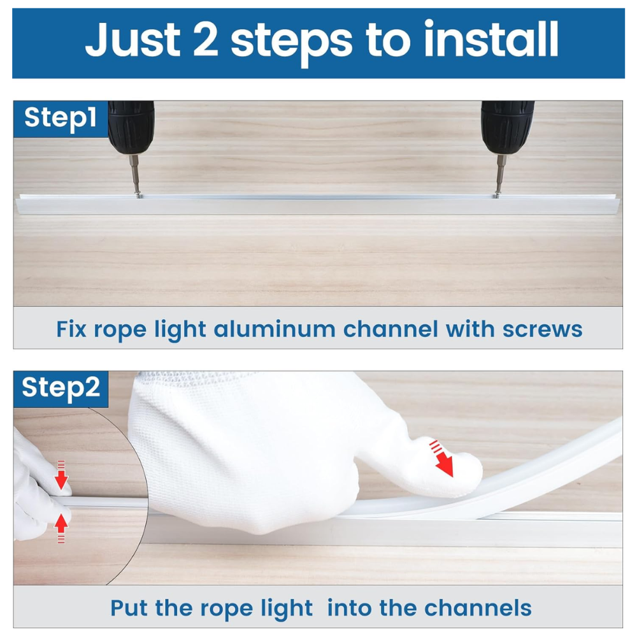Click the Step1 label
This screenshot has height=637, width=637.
pos(61,118)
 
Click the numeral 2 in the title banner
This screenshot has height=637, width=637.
pos(206,39)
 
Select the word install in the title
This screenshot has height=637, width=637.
pos(490,39)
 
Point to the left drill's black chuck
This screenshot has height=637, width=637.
pos(131,127)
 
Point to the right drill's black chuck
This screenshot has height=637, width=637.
pos(507,127)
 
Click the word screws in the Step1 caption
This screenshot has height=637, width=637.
pos(542,329)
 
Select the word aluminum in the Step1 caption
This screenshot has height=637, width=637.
pos(275,329)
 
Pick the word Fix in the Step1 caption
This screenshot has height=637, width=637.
pos(71,329)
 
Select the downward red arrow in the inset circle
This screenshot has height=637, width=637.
pos(61,475)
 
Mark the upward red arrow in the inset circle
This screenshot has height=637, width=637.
pos(61,528)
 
